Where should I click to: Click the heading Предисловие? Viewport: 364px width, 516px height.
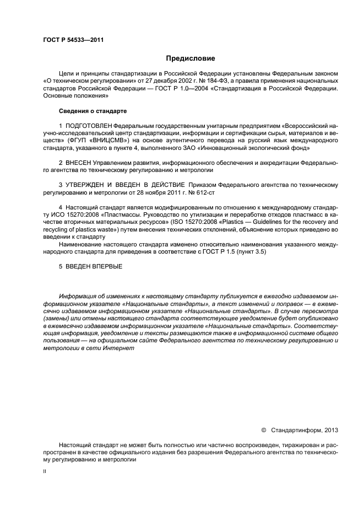(x=191, y=58)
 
